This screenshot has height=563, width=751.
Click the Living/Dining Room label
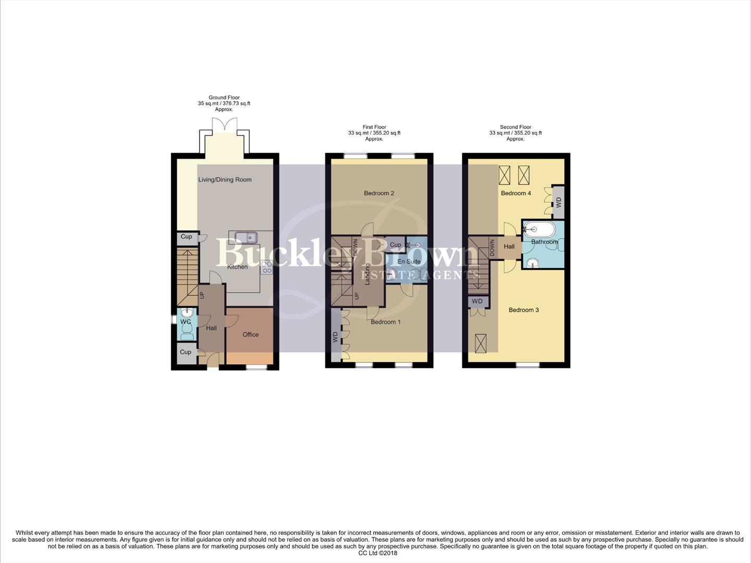point(225,180)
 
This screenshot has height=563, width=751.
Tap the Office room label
point(250,335)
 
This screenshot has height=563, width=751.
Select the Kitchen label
point(237,267)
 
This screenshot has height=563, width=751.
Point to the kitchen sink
point(246,238)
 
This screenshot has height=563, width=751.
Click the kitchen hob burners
point(266,267)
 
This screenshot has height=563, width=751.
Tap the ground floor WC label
point(186,322)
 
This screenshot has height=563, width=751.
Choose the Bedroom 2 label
point(379,193)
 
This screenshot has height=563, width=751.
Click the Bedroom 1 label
point(386,322)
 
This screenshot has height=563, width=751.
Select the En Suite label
point(409,262)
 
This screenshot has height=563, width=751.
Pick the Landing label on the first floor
point(367,274)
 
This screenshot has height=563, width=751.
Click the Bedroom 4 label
point(516,193)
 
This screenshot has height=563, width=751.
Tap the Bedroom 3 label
point(524,310)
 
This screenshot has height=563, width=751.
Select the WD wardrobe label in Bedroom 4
point(559,201)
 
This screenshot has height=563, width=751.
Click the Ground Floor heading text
point(224,97)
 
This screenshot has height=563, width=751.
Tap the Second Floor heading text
point(515,127)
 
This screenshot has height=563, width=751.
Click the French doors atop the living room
point(225,125)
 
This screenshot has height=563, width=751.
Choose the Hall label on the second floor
point(509,247)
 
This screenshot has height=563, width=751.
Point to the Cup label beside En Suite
point(396,245)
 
